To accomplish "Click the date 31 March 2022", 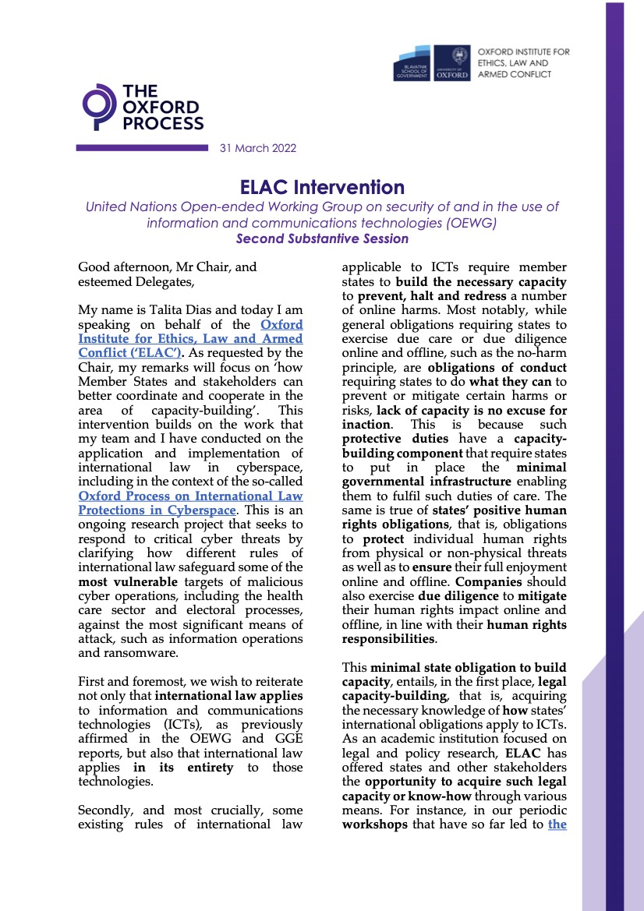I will (x=257, y=148).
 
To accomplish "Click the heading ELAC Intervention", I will (x=321, y=187).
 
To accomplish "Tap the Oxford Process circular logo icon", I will (x=97, y=107).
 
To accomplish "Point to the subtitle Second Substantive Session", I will (x=321, y=238).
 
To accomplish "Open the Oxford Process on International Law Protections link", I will (x=190, y=503).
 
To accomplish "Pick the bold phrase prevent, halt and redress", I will (x=417, y=297).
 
